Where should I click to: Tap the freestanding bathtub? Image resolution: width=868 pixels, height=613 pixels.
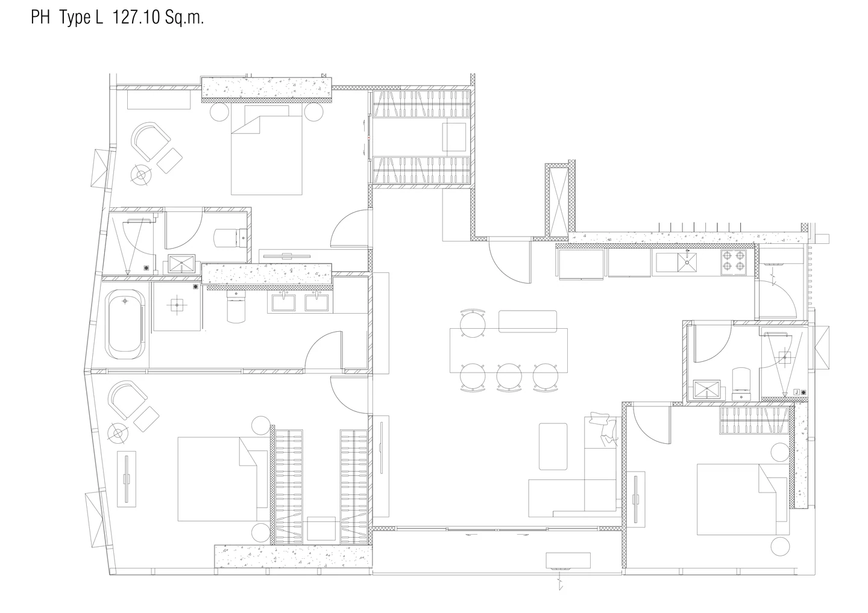[125, 325]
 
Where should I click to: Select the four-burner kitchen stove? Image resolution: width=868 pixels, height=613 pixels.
[734, 262]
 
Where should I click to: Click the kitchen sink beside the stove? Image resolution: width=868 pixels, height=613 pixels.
[687, 263]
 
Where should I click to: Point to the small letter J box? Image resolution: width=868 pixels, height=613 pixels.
[797, 392]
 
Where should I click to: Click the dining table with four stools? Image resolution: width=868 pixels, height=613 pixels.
[508, 350]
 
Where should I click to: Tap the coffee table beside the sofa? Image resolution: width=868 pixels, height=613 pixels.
[553, 446]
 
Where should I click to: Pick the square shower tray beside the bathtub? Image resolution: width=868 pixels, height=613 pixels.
[177, 306]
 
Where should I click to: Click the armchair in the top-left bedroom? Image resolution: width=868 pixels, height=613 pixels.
[150, 142]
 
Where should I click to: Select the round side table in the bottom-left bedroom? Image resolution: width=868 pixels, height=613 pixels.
[118, 433]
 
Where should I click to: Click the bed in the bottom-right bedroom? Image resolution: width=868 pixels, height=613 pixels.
[743, 499]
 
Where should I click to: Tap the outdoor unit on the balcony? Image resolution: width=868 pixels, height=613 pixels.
[568, 561]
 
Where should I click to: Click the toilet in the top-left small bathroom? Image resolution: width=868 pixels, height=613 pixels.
[230, 238]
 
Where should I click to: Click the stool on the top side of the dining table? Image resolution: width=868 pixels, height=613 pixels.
[473, 323]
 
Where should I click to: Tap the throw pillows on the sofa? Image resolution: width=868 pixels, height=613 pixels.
[603, 429]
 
